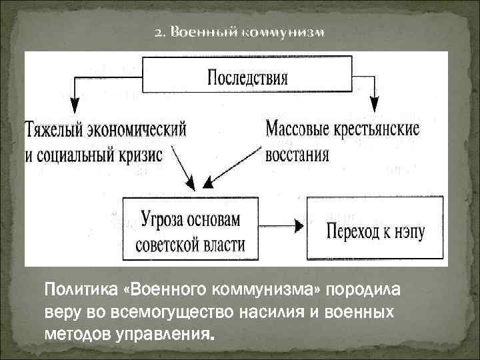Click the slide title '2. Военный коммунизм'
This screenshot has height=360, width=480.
click(239, 33)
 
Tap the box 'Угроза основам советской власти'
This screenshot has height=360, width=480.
click(190, 230)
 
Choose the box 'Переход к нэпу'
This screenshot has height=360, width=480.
click(375, 230)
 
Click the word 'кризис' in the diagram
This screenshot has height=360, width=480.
click(139, 155)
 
